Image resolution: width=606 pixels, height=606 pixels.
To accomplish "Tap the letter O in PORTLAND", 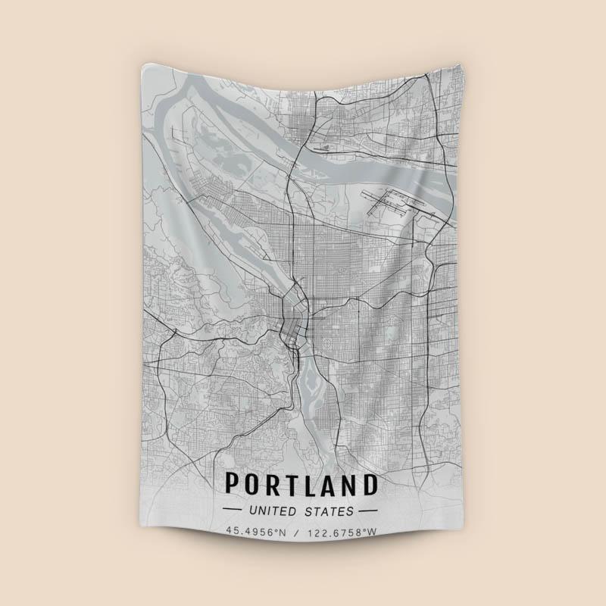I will [x=251, y=484].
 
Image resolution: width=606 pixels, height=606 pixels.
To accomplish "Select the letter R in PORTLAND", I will [x=273, y=484].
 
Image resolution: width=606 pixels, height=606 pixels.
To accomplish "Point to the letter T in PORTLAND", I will [x=293, y=484].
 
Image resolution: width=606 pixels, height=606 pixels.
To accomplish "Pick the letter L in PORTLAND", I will [x=312, y=484].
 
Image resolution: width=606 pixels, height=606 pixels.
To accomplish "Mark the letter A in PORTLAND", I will [x=331, y=484].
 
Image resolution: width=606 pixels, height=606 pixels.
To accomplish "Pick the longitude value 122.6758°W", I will [x=342, y=532].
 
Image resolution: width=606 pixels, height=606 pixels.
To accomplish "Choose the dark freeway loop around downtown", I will [x=291, y=318].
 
